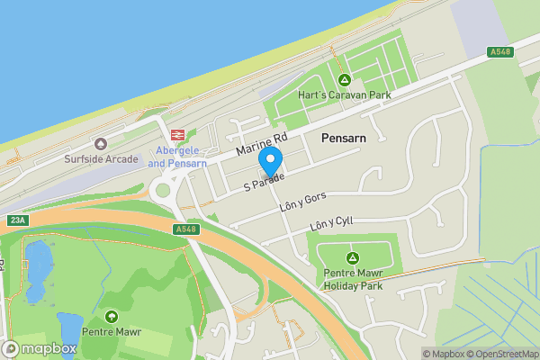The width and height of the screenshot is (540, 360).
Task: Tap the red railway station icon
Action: click(x=178, y=133)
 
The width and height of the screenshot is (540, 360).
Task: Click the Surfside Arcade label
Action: click(x=101, y=160)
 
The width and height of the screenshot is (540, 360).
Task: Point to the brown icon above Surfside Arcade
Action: click(x=101, y=144)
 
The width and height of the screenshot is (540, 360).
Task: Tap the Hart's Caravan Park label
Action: click(x=345, y=95)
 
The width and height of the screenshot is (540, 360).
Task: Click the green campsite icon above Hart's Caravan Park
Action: click(x=345, y=79)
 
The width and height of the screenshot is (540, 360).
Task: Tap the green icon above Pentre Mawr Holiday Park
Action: click(x=352, y=257)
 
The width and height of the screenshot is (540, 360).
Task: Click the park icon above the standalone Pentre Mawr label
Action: click(x=111, y=317)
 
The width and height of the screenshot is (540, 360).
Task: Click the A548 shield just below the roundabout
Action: click(x=184, y=230)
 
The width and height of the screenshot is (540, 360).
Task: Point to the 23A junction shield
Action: click(x=16, y=220)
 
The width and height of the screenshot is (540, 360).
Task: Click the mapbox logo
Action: click(x=40, y=348)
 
